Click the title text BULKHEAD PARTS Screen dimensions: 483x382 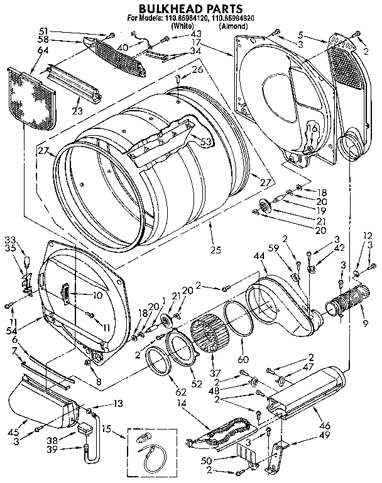190,9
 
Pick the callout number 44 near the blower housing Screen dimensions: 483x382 258,256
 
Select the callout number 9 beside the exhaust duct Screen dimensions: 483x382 365,324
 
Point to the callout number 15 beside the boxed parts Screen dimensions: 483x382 106,429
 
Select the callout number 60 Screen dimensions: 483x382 243,360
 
